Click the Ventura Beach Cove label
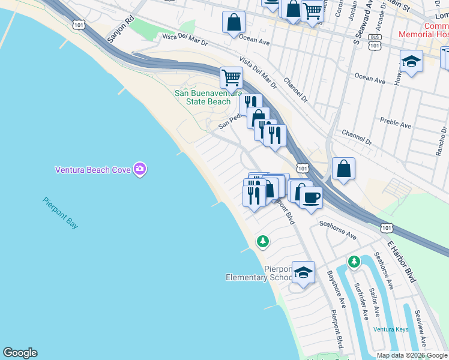pyautogui.click(x=94, y=170)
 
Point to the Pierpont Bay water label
pyautogui.click(x=61, y=213)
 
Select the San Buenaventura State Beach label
pyautogui.click(x=203, y=97)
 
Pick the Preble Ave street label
pyautogui.click(x=397, y=125)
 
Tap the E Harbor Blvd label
pyautogui.click(x=401, y=262)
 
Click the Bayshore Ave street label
pyautogui.click(x=336, y=290)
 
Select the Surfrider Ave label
pyautogui.click(x=362, y=301)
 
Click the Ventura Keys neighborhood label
pyautogui.click(x=390, y=329)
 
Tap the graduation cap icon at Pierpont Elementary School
pyautogui.click(x=304, y=272)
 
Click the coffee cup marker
pyautogui.click(x=310, y=197)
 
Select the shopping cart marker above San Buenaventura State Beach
pyautogui.click(x=231, y=77)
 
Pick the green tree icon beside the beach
pyautogui.click(x=262, y=241)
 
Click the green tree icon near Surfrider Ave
pyautogui.click(x=354, y=262)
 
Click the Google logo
pyautogui.click(x=20, y=353)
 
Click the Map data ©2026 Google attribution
pyautogui.click(x=412, y=355)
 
